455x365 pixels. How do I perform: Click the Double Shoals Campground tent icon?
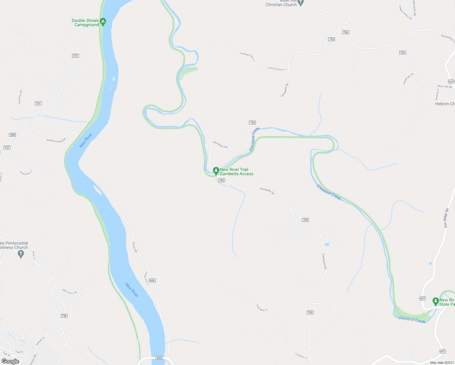click(103, 22)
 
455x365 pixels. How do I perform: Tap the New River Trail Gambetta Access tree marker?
click(216, 171)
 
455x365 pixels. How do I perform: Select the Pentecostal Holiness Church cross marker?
click(21, 254)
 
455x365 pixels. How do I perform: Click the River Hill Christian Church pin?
click(301, 3)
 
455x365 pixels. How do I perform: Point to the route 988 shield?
click(12, 135)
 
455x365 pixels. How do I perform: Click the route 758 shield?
click(64, 316)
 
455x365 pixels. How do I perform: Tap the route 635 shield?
click(451, 82)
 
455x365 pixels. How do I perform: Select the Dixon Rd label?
click(135, 247)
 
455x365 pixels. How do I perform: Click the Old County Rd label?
click(70, 292)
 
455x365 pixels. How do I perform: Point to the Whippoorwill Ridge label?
click(56, 140)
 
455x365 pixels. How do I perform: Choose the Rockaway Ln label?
click(26, 172)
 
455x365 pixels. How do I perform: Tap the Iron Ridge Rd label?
click(446, 218)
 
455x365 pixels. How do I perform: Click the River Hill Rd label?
click(445, 87)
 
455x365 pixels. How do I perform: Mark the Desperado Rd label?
click(408, 78)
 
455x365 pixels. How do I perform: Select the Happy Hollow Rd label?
click(405, 12)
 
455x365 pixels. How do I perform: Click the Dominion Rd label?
click(20, 97)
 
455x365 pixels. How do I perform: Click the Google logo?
click(10, 361)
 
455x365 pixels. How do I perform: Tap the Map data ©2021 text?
click(442, 363)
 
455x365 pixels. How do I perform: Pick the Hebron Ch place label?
click(445, 104)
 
